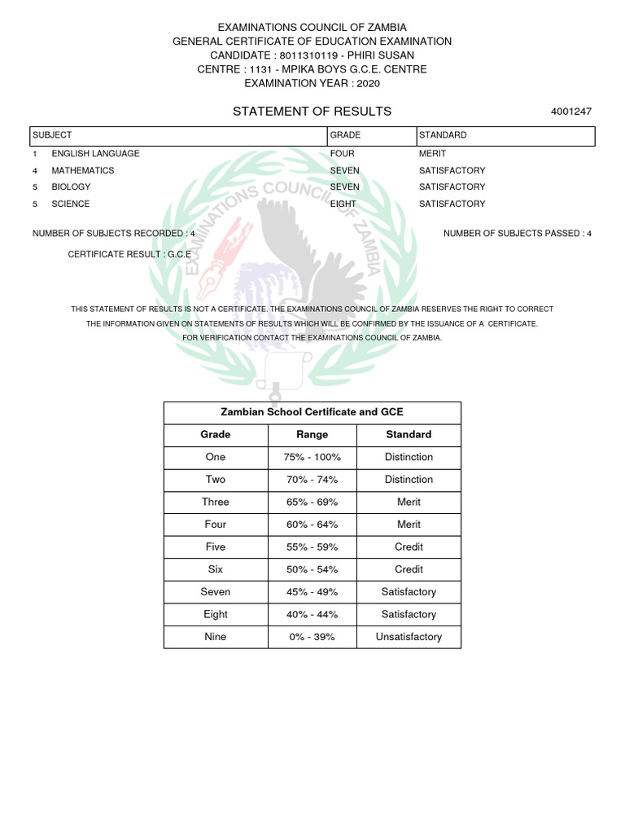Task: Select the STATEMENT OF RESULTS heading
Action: [312, 112]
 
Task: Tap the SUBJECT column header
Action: [52, 135]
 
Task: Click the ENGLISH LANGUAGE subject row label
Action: [95, 154]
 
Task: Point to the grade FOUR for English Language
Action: [342, 154]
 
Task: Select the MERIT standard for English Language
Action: [432, 154]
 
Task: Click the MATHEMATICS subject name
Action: [82, 171]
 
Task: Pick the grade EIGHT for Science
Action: [343, 204]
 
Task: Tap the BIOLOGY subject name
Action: [71, 187]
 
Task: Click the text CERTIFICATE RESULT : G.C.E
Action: [129, 255]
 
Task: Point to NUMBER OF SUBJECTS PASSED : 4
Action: [518, 234]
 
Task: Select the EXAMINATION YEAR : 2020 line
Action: [312, 83]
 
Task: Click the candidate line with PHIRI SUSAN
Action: [312, 55]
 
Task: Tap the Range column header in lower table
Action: [312, 435]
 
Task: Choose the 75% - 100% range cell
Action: [312, 458]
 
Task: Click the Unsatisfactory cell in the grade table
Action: [409, 637]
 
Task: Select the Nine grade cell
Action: [216, 637]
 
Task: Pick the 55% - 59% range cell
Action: [312, 547]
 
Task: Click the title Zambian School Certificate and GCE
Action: [312, 413]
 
